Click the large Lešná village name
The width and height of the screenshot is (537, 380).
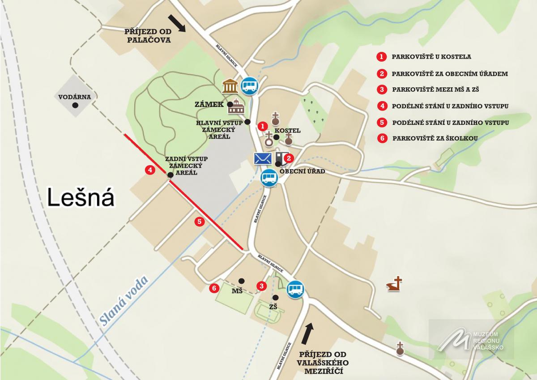tap(81, 198)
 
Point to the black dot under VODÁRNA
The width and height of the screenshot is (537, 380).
tap(76, 105)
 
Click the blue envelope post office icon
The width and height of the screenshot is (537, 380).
tap(263, 158)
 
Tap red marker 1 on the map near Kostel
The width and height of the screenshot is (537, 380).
tap(263, 127)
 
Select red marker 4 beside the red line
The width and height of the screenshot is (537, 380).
tap(150, 170)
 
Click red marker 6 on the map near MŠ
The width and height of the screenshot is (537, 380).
tap(214, 288)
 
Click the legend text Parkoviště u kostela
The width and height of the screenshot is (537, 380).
tap(431, 57)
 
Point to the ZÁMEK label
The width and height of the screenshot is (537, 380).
tap(209, 104)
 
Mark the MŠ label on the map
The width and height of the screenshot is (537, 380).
tap(237, 291)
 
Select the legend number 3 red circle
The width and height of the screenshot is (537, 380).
tap(381, 89)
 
